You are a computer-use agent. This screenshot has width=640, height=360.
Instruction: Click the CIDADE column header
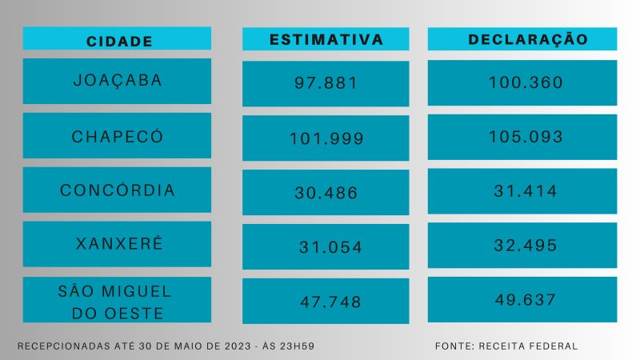point(117,40)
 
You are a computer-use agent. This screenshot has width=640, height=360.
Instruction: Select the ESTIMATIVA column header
point(326,39)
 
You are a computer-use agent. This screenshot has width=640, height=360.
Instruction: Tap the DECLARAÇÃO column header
point(522,39)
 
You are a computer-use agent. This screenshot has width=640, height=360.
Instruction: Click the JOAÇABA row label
point(117,81)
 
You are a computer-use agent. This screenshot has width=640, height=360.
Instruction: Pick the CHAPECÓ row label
point(117,136)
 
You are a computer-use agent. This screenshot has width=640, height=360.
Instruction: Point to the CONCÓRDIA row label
point(117,190)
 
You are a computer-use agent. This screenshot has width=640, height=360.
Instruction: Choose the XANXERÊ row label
point(117,244)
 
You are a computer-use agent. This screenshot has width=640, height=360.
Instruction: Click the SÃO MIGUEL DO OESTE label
point(117,299)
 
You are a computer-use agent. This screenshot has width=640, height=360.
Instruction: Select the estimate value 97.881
point(326,83)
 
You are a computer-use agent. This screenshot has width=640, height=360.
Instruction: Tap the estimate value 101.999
point(326,138)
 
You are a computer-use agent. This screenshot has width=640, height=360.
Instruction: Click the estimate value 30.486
point(326,193)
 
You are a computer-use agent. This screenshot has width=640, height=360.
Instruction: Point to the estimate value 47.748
point(326,302)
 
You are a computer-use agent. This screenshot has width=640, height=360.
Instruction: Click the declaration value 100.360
point(522,82)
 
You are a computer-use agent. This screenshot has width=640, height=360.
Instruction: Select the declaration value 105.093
point(522,137)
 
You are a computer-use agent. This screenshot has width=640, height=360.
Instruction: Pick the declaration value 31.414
point(522,191)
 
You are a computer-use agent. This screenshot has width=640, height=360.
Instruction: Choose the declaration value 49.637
point(522,299)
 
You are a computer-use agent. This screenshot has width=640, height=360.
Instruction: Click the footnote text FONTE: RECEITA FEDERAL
point(506,346)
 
